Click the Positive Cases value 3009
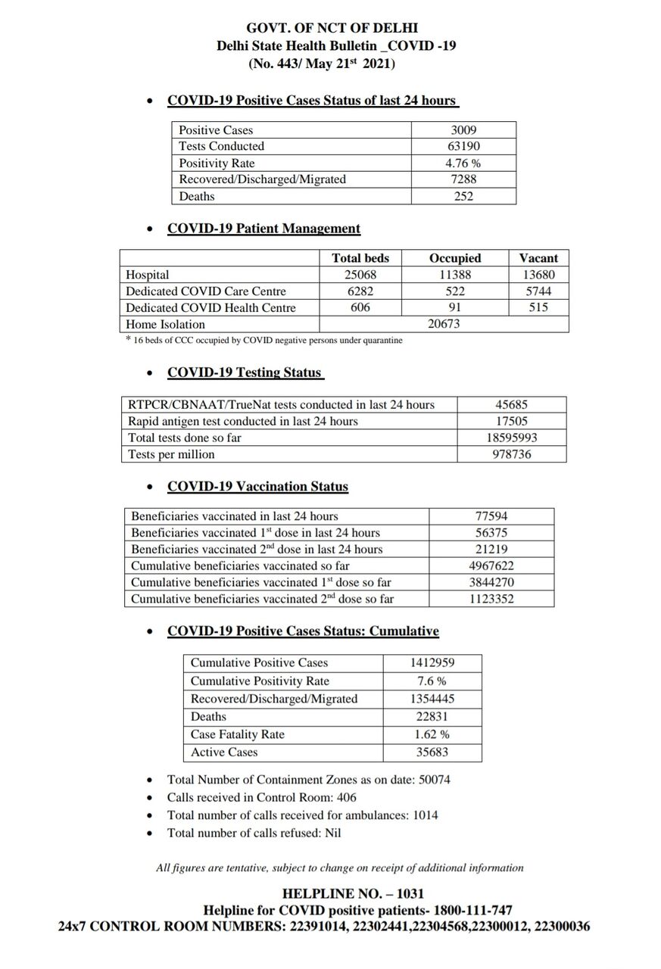(x=463, y=130)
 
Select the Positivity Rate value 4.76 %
(x=463, y=163)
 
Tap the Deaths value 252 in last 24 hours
(x=463, y=196)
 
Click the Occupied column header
(x=455, y=258)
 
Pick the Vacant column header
(x=538, y=258)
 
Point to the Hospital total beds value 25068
(x=360, y=275)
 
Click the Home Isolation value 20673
(x=444, y=324)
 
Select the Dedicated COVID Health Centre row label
(x=210, y=308)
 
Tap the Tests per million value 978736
(x=512, y=454)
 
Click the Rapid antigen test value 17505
(x=512, y=421)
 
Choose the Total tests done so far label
(x=185, y=438)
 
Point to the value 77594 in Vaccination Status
(x=491, y=516)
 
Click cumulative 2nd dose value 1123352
(x=491, y=599)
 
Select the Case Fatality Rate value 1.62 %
(x=432, y=734)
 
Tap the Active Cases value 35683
(x=432, y=752)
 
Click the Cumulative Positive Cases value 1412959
(x=432, y=662)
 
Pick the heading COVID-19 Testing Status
(x=245, y=372)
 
